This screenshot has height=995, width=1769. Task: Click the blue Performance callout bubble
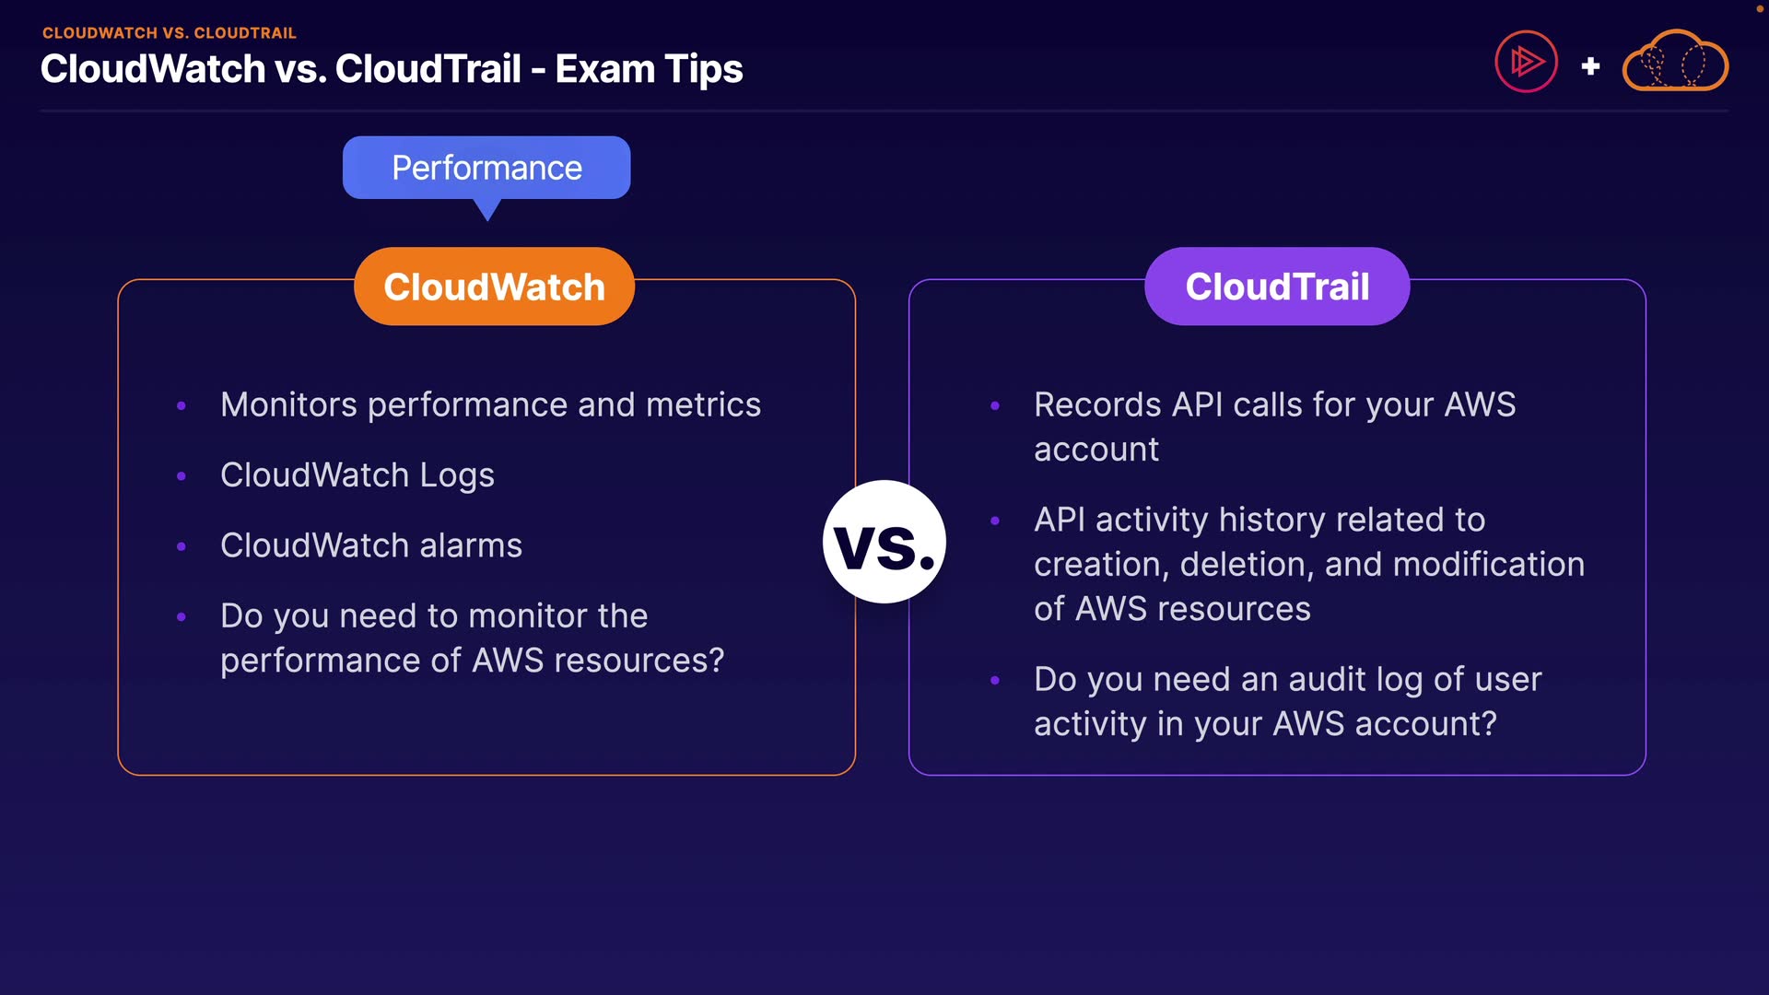[486, 168]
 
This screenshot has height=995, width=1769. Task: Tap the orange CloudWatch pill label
[494, 287]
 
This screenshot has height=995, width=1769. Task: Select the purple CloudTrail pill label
[1277, 287]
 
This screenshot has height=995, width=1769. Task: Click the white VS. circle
[884, 542]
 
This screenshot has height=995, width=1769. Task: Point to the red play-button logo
[1526, 62]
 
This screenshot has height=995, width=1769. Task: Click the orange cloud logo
[1675, 61]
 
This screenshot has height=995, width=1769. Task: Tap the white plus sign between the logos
[1590, 66]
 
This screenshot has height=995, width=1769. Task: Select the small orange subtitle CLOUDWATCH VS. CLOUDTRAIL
[170, 33]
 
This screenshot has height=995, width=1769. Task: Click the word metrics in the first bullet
[704, 405]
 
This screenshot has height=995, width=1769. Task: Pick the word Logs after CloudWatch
[457, 476]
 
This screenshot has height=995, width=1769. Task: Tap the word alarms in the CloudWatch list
[471, 545]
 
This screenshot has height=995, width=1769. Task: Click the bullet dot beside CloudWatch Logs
[182, 476]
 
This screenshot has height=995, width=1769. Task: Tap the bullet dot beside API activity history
[995, 521]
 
